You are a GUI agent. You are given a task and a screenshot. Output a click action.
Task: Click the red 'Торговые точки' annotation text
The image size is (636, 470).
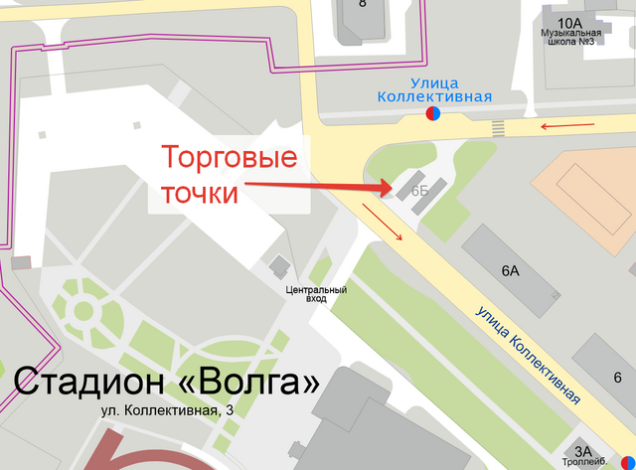(x=229, y=174)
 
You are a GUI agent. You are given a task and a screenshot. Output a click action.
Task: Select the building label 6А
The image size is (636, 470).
(x=511, y=270)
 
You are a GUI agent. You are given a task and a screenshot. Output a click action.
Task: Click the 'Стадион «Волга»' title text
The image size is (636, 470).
(x=166, y=383)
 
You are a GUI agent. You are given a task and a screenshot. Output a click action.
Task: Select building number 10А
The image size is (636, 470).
(x=569, y=22)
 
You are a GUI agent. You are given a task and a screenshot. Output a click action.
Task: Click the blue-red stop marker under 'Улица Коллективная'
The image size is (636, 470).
(x=433, y=114)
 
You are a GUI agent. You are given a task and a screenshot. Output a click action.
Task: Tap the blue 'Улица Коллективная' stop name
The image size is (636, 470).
(x=435, y=89)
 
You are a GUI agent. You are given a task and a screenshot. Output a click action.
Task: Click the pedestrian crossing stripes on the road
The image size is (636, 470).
(x=498, y=127)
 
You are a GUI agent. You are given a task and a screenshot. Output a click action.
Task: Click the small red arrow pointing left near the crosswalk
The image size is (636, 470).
(x=567, y=126)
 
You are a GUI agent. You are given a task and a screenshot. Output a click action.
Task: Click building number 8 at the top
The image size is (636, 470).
(x=363, y=4)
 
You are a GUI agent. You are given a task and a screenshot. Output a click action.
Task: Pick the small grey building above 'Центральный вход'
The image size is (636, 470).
(x=280, y=265)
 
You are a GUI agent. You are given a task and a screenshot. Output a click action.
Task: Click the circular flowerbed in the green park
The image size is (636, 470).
(x=78, y=310)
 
